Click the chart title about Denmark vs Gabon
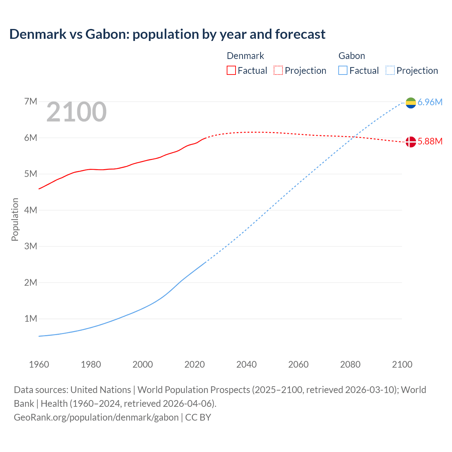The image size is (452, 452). point(167,34)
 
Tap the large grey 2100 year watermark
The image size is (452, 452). point(76,112)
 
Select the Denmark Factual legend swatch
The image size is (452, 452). point(231,70)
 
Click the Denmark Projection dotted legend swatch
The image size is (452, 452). point(278,70)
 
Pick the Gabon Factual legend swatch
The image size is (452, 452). point(343,70)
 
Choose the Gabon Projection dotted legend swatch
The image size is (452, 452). point(390,70)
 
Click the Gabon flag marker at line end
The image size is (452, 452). point(411,103)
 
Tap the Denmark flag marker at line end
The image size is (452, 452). point(411,142)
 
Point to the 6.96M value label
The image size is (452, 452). point(430,102)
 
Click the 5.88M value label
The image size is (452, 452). point(430,141)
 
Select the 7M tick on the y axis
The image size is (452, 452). point(31,102)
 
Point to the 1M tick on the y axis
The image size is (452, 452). point(31,319)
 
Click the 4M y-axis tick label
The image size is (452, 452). point(31,210)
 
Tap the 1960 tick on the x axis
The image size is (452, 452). point(39,364)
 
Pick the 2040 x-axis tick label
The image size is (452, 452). point(246,364)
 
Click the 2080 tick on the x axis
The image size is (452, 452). point(350,364)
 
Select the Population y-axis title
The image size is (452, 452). point(15,219)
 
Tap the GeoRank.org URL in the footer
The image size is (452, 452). point(96,417)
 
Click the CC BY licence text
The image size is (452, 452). point(198,417)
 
